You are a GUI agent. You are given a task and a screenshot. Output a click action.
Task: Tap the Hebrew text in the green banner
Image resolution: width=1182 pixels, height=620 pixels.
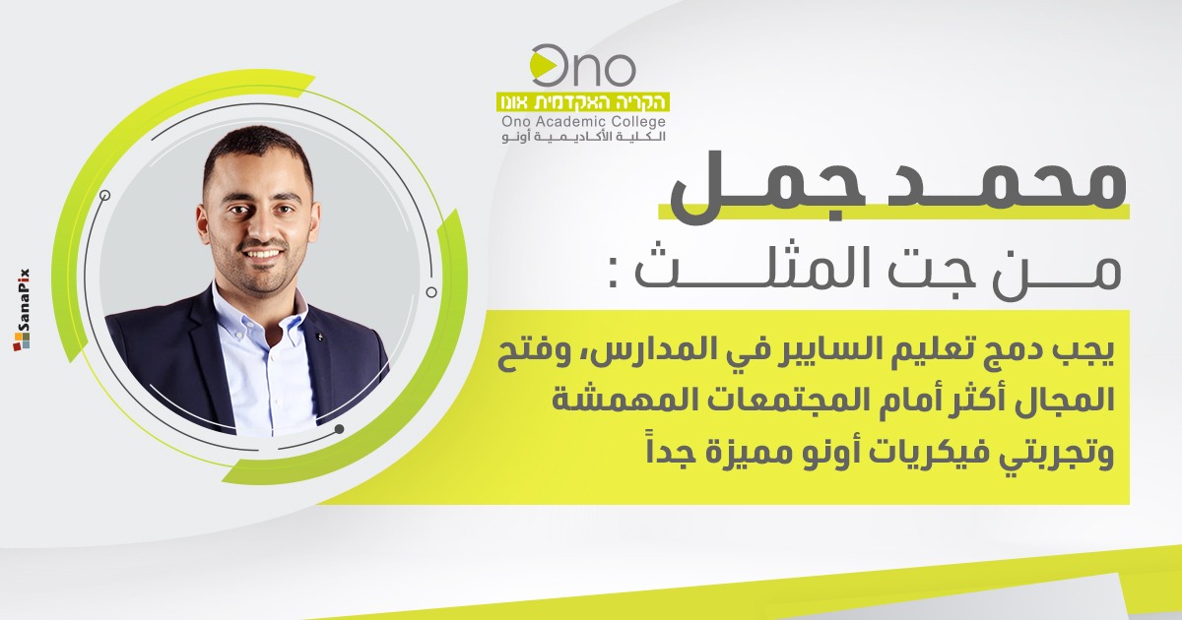583,101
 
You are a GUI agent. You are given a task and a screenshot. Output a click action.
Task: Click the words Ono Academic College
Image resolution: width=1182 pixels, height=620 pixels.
583,122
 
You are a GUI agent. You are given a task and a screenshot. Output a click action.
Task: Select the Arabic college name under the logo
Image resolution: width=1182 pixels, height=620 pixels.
583,137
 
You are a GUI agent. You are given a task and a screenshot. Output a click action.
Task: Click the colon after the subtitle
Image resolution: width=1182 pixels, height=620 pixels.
614,278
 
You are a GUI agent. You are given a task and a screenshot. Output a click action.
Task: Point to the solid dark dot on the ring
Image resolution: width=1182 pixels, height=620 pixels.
340,429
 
